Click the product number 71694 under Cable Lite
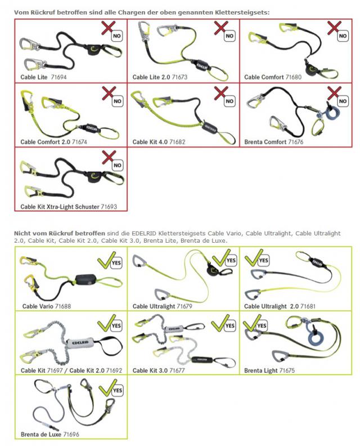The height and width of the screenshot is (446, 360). (58, 77)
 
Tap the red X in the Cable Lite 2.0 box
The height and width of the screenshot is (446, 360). (220, 28)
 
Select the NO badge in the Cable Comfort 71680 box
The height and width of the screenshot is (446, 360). (343, 36)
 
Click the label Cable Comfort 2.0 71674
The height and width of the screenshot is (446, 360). (53, 142)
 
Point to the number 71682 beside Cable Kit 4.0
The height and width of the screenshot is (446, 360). (177, 142)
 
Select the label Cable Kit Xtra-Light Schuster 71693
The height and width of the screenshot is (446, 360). (69, 207)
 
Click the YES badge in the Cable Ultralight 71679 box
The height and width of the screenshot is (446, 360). (231, 260)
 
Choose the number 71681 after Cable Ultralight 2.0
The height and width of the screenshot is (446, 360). (308, 306)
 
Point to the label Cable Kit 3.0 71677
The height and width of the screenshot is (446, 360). (159, 371)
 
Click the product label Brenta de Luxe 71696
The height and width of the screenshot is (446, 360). (50, 434)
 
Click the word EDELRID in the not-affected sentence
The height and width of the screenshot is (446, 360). (144, 233)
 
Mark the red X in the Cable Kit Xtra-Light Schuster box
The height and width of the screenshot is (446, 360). (108, 157)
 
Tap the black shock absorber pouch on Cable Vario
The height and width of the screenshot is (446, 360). (85, 280)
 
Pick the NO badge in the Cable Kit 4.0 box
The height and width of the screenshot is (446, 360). (229, 101)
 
